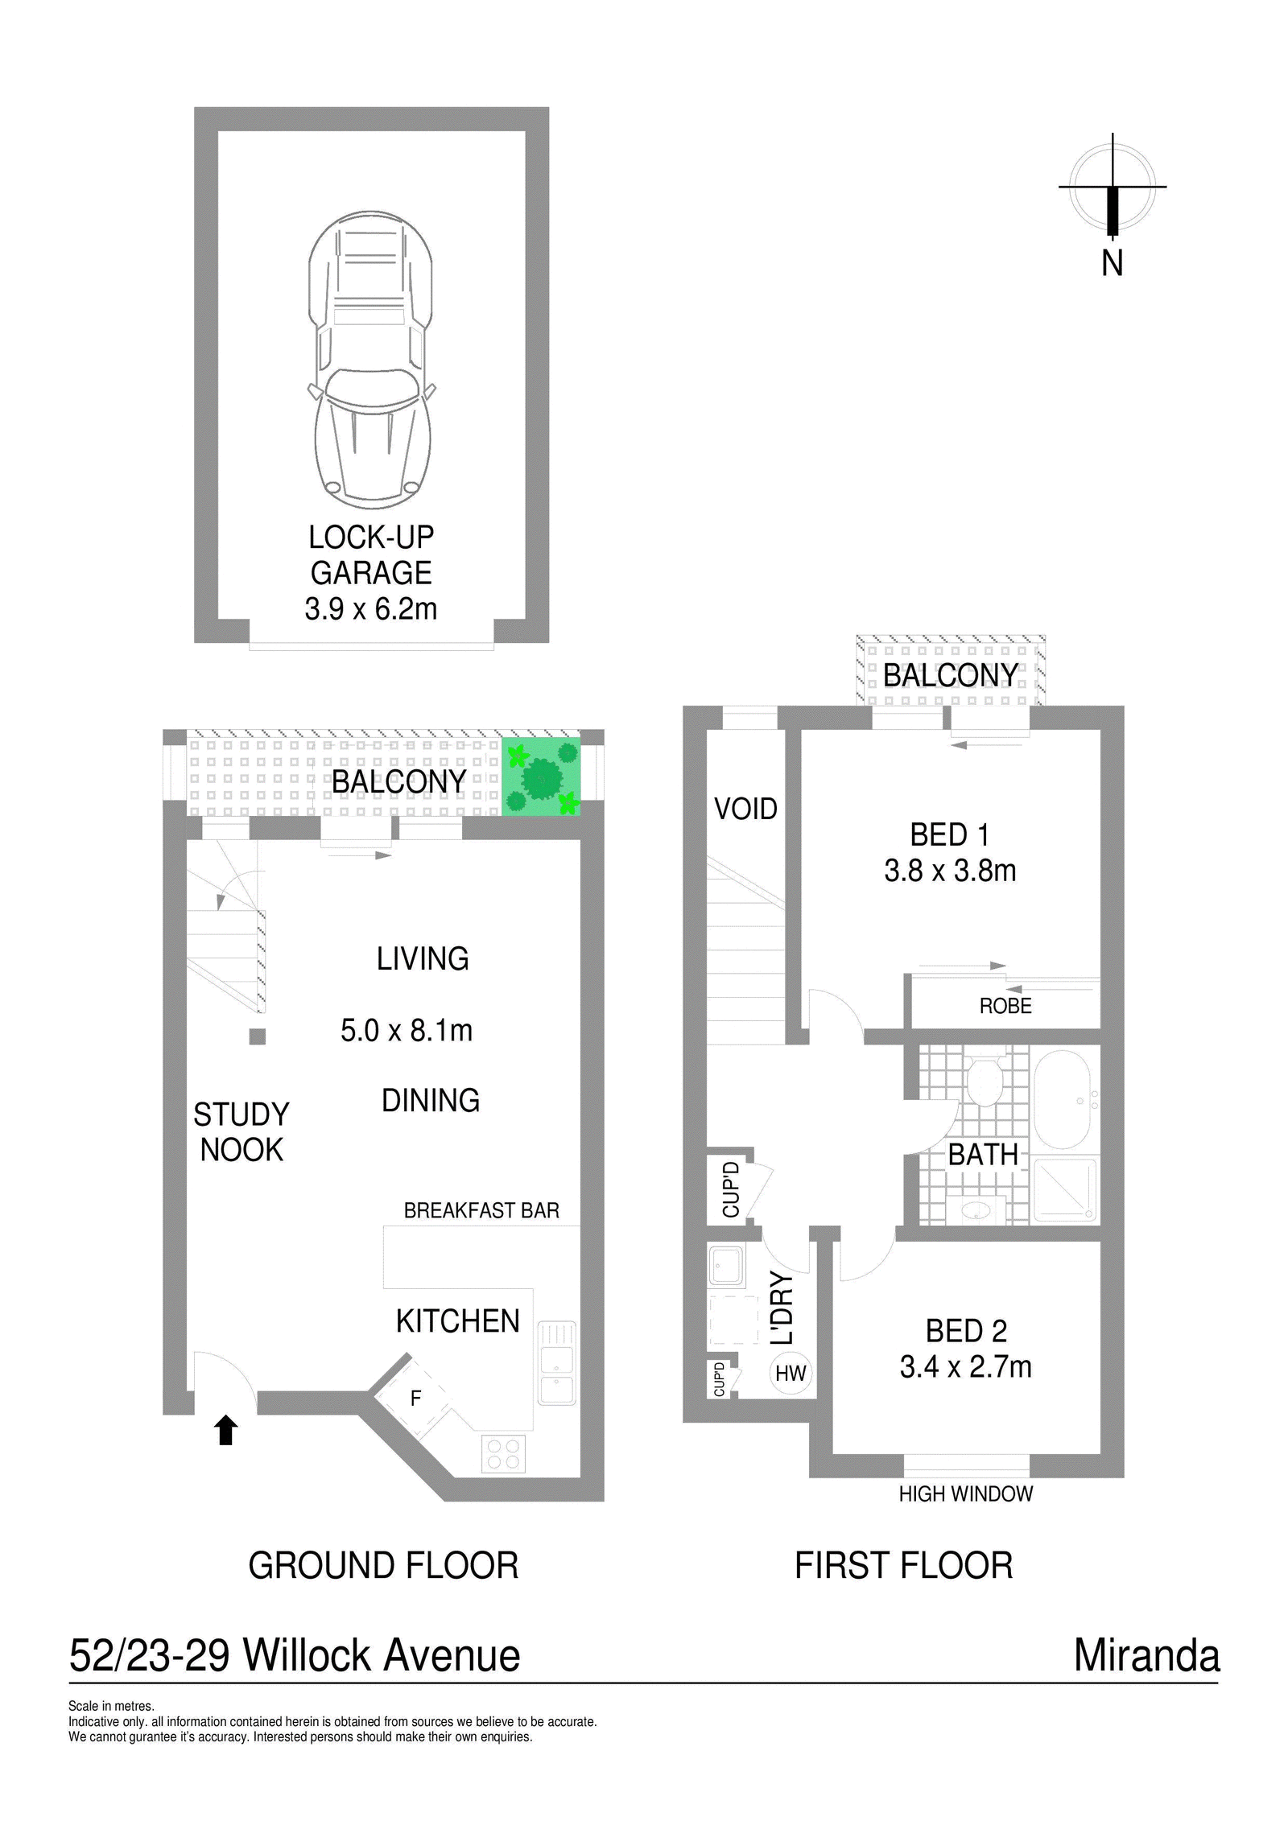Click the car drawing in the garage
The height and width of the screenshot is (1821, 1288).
pos(371,360)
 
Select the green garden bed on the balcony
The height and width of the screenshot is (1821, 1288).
pos(541,777)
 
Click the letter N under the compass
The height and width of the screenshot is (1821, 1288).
pos(1112,263)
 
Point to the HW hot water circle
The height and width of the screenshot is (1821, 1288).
pos(791,1374)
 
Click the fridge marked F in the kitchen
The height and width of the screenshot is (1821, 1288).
pos(415,1399)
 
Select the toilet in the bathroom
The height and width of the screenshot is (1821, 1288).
pos(982,1081)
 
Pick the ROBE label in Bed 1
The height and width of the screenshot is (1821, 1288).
pos(1005,1006)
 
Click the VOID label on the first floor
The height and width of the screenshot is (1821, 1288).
pos(745,809)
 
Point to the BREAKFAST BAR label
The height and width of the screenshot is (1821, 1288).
pos(481,1210)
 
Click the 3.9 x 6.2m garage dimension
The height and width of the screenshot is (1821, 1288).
pos(371,608)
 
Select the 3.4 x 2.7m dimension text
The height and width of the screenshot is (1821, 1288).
pos(965,1366)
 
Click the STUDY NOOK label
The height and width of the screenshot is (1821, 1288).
pos(242,1132)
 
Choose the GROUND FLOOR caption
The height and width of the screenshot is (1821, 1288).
pos(383,1566)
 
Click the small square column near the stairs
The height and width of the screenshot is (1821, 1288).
pos(258,1036)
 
